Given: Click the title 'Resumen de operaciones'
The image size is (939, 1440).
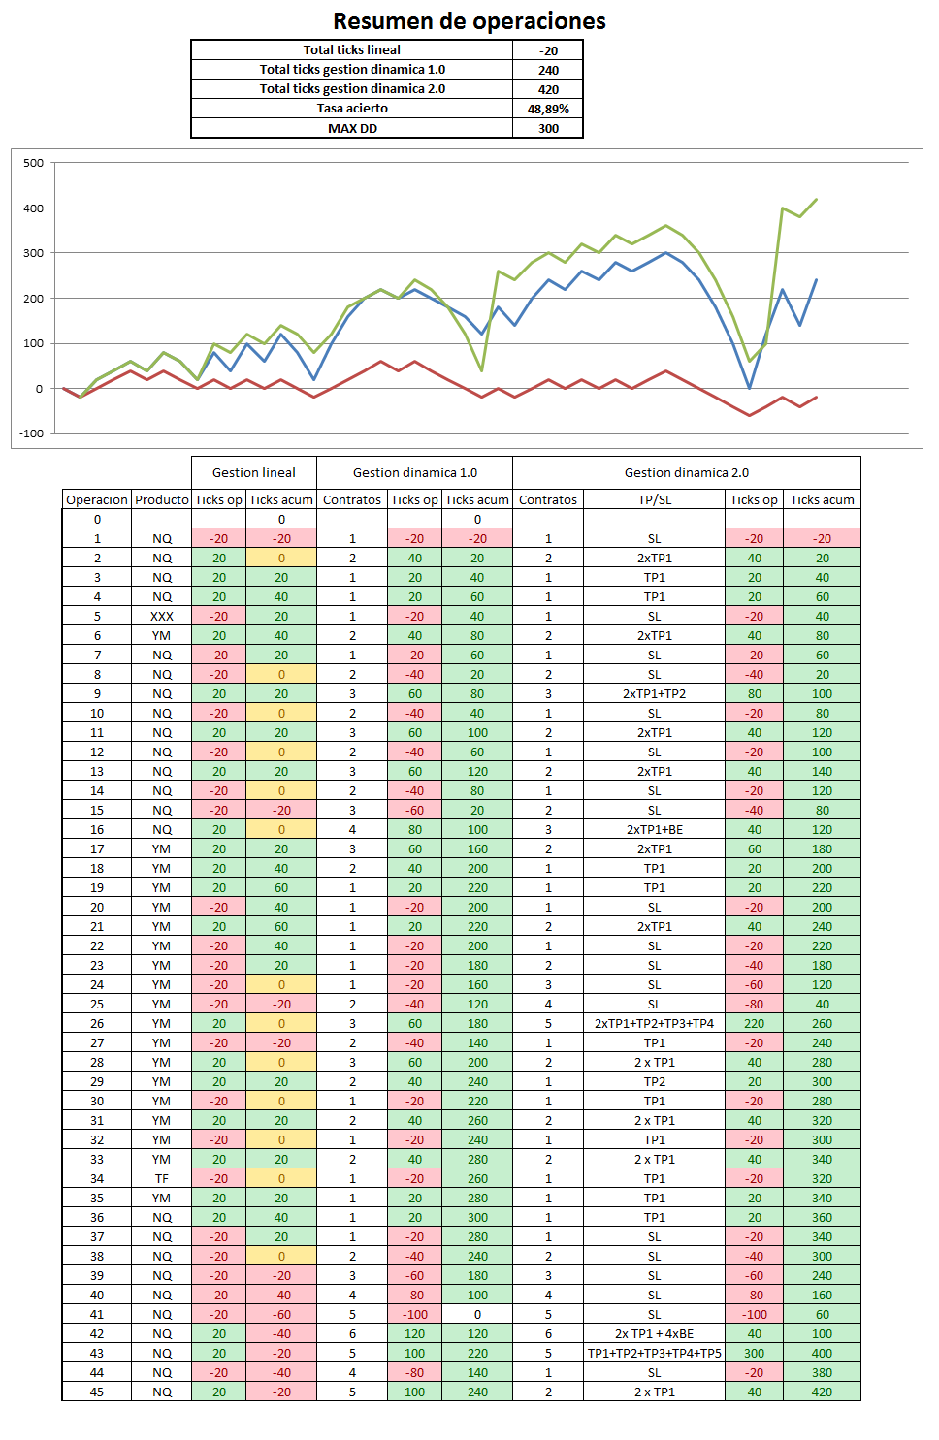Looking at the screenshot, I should click(469, 21).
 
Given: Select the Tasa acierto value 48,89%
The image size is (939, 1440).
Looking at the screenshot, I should click(548, 109).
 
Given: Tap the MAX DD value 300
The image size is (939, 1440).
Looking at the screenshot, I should click(548, 128).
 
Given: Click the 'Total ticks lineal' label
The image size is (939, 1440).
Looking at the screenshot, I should click(351, 50).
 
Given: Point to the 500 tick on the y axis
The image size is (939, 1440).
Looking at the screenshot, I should click(34, 163).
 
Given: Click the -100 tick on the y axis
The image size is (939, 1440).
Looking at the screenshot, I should click(32, 433).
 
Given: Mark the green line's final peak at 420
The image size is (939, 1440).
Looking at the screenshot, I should click(816, 200).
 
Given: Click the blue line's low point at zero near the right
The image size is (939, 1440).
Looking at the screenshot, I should click(749, 388).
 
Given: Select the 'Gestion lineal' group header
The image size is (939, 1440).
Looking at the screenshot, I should click(254, 472).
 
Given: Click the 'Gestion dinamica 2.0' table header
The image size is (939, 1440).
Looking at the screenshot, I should click(686, 472).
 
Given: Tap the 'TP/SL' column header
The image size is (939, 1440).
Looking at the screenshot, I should click(654, 499).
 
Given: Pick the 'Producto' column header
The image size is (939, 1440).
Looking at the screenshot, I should click(162, 499).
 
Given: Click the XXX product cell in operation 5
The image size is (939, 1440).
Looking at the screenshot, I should click(162, 616).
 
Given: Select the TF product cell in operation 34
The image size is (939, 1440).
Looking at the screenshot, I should click(162, 1178).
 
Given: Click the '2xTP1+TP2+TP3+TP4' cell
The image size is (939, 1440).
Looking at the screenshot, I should click(654, 1023).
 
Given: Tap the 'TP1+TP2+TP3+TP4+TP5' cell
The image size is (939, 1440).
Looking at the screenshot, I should click(654, 1353).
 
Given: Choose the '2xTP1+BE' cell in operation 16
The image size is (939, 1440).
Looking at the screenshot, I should click(654, 829).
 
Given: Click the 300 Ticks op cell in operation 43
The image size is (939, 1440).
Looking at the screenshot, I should click(754, 1353).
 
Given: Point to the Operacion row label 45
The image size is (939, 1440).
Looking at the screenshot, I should click(97, 1392).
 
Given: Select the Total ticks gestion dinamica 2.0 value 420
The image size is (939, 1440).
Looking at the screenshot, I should click(548, 89).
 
